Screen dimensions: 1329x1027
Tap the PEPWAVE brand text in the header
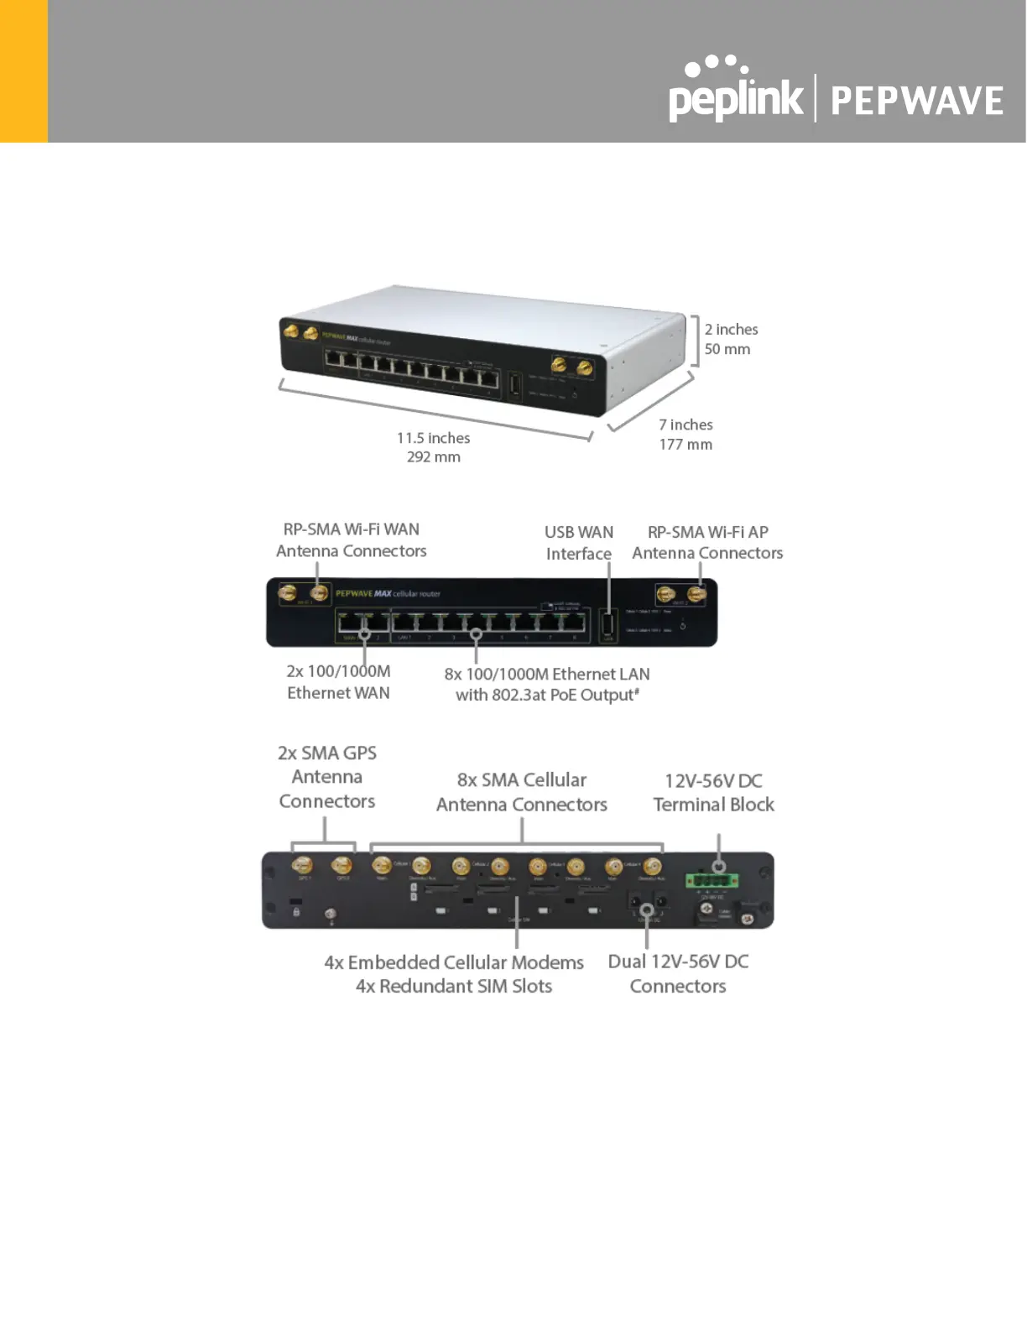point(916,101)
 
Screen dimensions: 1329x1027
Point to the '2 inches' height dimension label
point(731,330)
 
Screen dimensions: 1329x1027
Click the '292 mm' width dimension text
point(433,457)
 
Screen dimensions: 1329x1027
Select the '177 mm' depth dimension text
point(685,445)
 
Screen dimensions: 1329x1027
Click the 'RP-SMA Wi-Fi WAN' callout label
point(351,529)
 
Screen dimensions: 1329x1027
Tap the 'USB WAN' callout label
point(578,532)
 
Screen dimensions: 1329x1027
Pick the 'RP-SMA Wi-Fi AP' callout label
point(707,532)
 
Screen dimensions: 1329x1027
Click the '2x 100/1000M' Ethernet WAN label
point(338,671)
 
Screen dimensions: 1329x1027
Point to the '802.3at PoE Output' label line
point(547,696)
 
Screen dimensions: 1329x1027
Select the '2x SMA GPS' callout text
point(326,753)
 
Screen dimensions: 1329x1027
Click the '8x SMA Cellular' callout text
point(521,780)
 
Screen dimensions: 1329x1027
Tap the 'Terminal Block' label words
point(713,805)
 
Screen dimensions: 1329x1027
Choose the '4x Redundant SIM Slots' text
point(453,987)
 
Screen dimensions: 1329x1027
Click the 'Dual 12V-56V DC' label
point(678,962)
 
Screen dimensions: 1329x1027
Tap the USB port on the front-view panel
point(609,624)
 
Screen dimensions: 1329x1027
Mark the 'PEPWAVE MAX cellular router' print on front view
point(388,594)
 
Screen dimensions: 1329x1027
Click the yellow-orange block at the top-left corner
point(23,70)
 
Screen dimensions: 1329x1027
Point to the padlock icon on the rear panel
point(296,911)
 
